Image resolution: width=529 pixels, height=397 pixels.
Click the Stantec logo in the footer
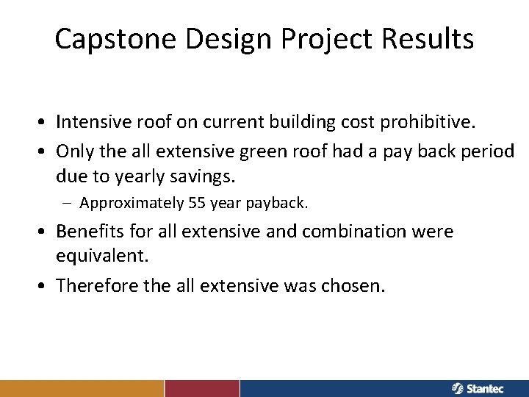coord(478,388)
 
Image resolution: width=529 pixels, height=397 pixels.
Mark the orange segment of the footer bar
coord(82,388)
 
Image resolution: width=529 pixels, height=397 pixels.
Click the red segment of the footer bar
coord(202,388)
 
